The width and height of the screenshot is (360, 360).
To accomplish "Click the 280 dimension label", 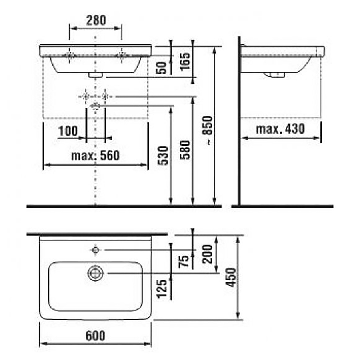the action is [x=96, y=20].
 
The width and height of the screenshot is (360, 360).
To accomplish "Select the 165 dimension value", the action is [x=185, y=62].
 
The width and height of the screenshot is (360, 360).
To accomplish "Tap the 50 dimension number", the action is [x=162, y=68].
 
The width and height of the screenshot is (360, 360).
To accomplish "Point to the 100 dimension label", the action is [x=68, y=131].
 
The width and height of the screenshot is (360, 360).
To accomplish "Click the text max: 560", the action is [x=96, y=156].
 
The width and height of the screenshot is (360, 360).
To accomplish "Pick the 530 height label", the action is [x=163, y=156].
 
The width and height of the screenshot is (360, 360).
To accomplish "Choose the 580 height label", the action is [x=185, y=150].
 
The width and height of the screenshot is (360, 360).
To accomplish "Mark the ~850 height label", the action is [x=208, y=130].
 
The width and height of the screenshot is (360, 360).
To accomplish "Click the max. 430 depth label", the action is [x=280, y=129].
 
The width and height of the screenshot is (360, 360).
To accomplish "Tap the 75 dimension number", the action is [x=184, y=261].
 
